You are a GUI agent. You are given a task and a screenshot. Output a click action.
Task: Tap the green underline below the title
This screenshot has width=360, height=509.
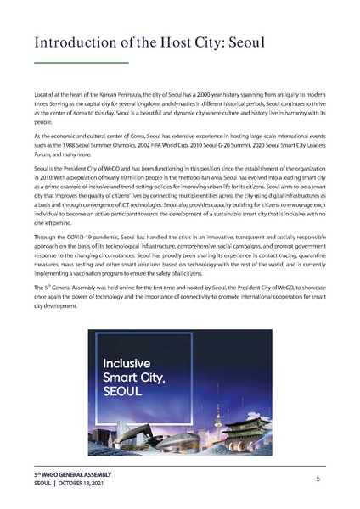[81, 63]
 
